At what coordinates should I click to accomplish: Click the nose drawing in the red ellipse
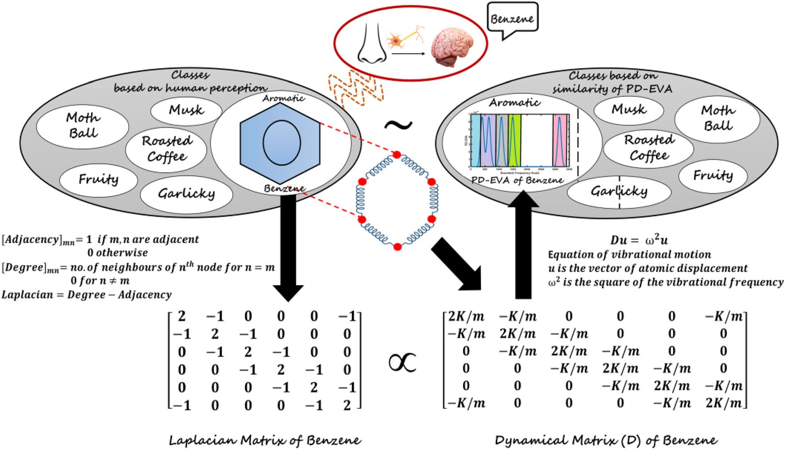372,44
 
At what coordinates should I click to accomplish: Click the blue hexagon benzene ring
280,143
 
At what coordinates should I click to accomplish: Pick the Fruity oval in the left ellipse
98,179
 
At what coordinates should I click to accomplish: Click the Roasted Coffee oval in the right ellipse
648,148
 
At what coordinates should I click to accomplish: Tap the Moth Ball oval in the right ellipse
717,118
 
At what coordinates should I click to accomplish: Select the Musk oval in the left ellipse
186,110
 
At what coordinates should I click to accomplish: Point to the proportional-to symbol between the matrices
402,362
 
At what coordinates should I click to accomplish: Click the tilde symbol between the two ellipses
398,125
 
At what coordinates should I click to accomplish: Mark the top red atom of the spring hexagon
397,154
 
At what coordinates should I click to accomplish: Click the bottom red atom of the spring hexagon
397,247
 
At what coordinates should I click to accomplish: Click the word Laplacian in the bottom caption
202,440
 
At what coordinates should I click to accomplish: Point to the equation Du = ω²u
639,240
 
